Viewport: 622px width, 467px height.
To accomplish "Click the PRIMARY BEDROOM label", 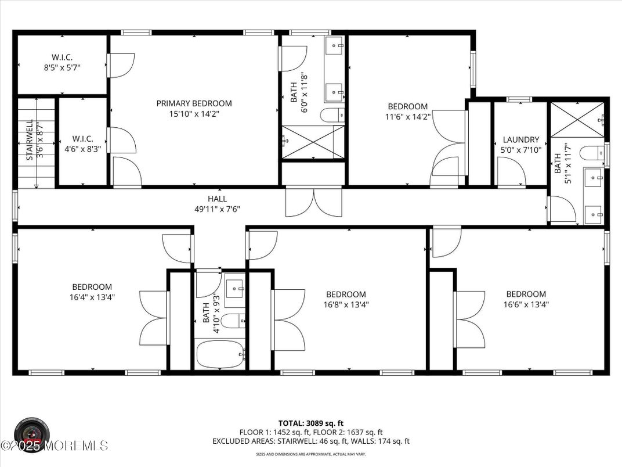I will (194, 103).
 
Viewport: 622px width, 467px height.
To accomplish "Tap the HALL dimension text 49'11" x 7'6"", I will (217, 209).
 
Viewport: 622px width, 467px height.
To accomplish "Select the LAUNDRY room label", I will (520, 140).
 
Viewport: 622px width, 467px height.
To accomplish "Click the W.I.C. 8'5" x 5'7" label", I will (62, 67).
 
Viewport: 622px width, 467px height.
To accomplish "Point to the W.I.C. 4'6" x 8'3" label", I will (82, 149).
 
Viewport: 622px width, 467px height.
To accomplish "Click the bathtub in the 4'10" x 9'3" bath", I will (220, 354).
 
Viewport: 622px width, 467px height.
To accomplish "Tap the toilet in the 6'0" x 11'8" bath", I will (332, 114).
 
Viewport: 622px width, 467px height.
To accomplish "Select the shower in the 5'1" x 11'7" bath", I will (577, 120).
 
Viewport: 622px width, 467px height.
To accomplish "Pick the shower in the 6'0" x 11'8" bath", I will (313, 142).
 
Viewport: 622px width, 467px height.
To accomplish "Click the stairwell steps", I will (37, 143).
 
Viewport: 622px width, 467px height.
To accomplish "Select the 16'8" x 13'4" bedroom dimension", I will (346, 304).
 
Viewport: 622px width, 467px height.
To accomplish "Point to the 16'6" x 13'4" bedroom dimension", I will (526, 304).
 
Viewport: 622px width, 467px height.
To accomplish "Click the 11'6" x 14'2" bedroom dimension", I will (408, 117).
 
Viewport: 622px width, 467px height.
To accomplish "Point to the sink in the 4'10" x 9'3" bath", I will (234, 288).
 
